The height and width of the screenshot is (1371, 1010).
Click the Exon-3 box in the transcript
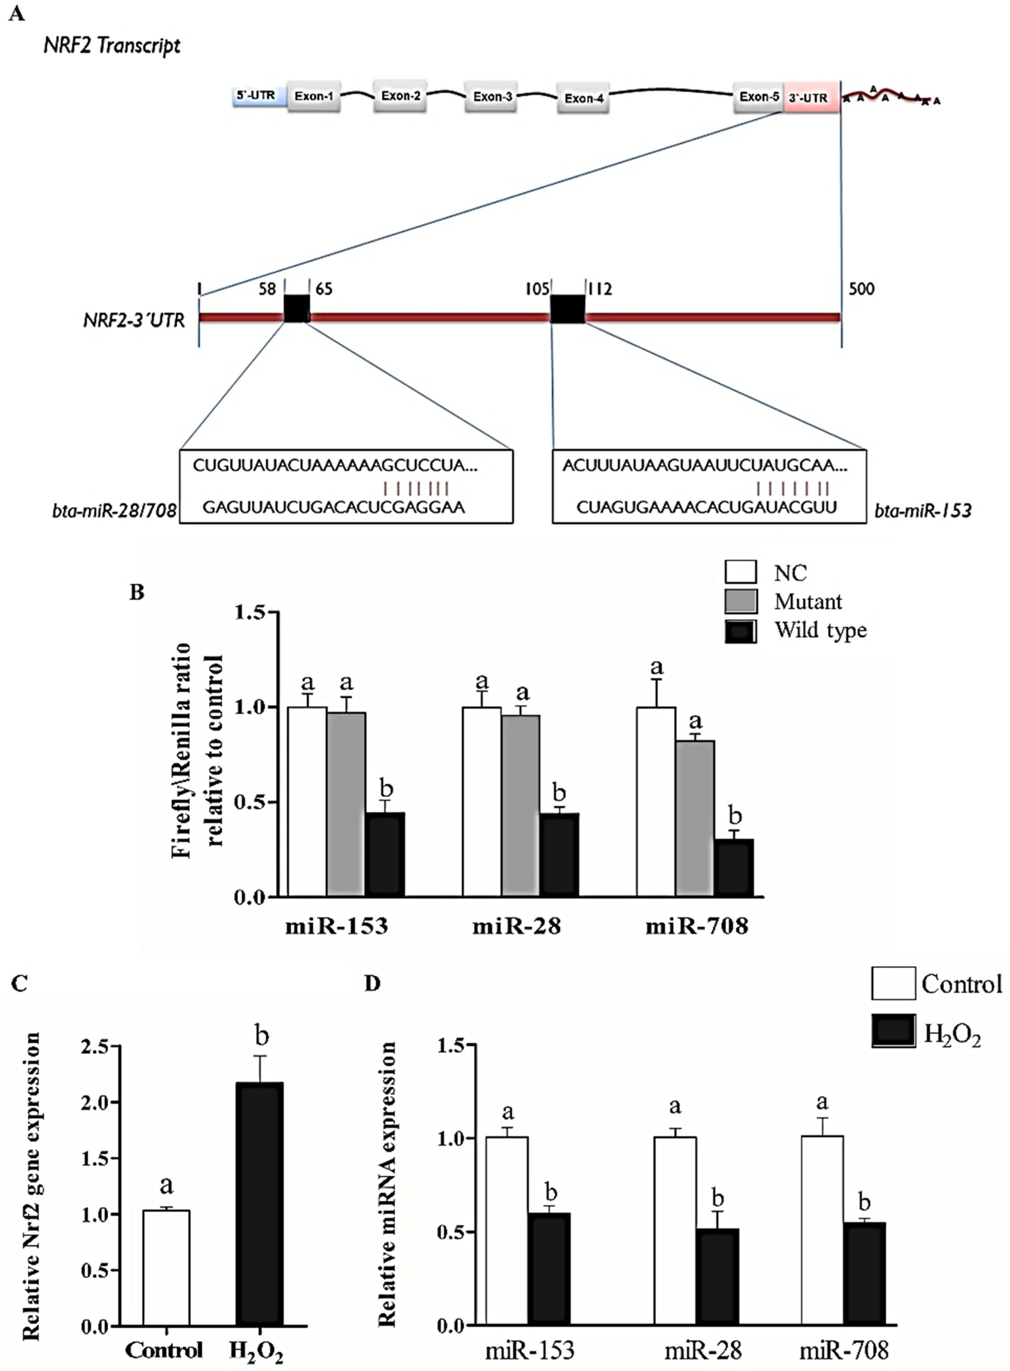pos(492,97)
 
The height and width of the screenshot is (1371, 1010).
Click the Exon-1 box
pos(314,96)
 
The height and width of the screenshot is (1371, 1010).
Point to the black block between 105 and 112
pos(568,309)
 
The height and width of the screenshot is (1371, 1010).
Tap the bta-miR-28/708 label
pos(114,511)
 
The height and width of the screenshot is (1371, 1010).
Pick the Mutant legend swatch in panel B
pos(740,601)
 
